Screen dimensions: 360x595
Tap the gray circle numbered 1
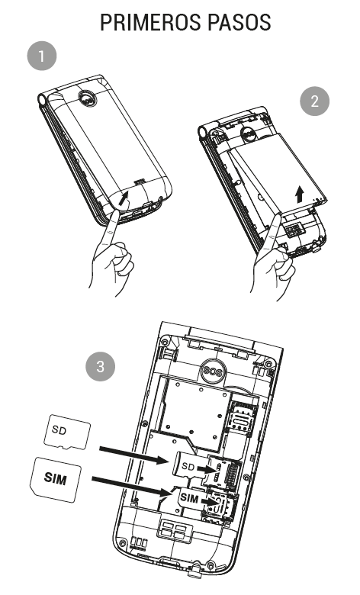point(42,56)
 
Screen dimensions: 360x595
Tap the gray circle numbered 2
point(314,101)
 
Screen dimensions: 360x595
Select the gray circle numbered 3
point(100,366)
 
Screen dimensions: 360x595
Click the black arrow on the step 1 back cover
point(124,198)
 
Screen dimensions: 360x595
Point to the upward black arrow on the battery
point(300,194)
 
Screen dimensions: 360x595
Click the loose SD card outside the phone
point(67,433)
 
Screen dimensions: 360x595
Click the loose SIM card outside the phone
point(56,479)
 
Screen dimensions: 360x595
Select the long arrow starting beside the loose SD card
point(133,455)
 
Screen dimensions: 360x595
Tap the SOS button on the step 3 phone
point(213,370)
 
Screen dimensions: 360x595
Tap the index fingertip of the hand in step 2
point(278,218)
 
